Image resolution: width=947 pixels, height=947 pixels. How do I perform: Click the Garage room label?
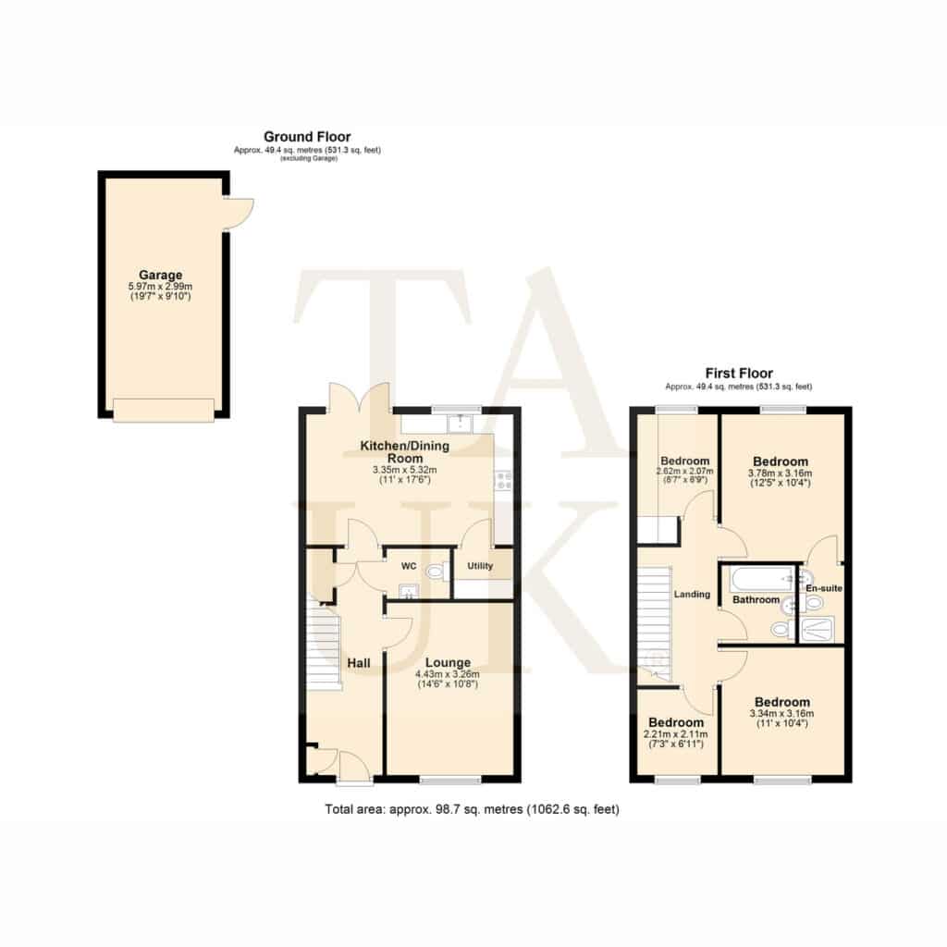160,275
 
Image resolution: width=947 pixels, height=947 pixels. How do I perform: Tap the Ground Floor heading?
307,137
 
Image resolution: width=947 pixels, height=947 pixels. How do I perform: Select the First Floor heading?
739,374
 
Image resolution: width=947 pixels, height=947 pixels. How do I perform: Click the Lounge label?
448,662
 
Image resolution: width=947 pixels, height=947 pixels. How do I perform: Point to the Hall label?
359,663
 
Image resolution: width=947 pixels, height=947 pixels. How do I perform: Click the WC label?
409,567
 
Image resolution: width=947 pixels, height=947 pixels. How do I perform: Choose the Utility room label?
480,566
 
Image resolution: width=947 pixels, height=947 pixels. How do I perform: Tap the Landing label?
692,595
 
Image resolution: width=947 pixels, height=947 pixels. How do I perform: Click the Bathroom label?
756,599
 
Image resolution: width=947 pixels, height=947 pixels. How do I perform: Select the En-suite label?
824,588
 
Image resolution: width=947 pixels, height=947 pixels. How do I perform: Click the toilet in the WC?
437,571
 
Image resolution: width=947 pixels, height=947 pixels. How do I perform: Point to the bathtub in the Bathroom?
762,579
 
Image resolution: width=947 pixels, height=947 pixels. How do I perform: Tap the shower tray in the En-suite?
818,629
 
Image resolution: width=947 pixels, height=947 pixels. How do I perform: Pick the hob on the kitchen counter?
503,480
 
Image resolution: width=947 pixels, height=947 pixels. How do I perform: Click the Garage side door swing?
240,214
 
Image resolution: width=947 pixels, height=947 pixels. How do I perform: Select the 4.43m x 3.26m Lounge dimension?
448,674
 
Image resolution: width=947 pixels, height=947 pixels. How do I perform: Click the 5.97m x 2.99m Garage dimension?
160,287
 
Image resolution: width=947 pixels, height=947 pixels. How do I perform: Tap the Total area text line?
472,808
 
